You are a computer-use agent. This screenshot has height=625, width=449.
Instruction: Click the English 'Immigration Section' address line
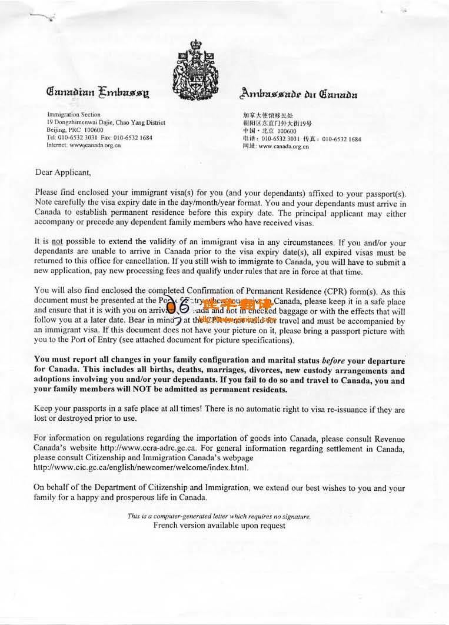point(74,115)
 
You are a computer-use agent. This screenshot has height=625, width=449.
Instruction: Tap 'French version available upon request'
point(219,526)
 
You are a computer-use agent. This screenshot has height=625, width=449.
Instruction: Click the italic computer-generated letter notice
point(219,516)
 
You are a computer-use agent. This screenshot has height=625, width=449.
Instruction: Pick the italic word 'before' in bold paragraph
point(336,361)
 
